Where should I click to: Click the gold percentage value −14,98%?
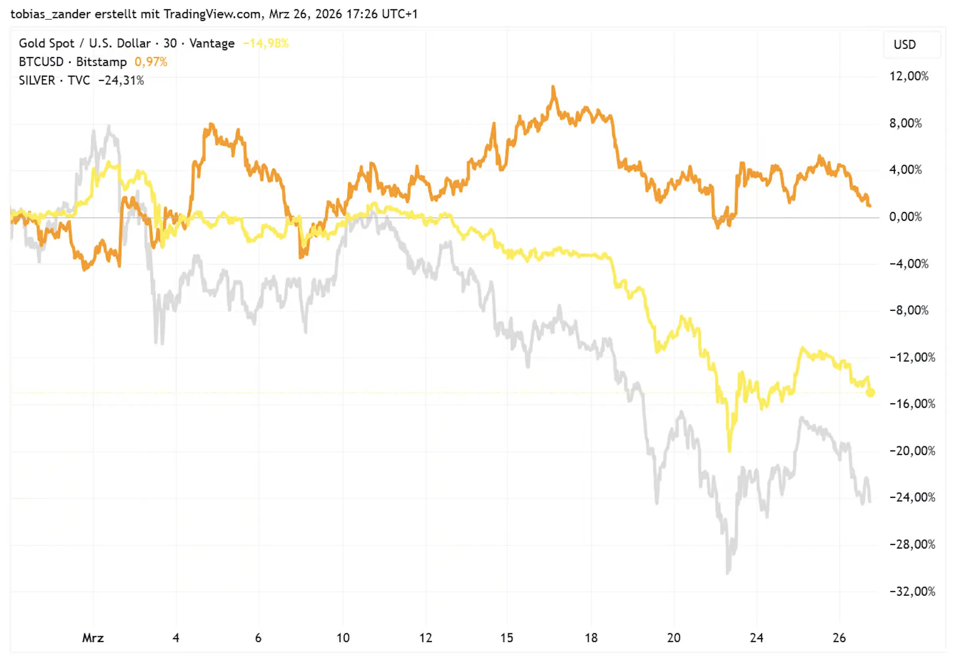[266, 43]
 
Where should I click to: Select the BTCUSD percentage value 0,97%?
[150, 62]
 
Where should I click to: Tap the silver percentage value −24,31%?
[121, 81]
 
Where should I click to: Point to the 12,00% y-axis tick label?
[909, 76]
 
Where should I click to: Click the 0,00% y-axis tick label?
[905, 217]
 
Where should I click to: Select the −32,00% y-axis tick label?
[912, 591]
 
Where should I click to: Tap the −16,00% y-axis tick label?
[912, 404]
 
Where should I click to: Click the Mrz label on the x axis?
[93, 637]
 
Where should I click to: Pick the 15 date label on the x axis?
[506, 637]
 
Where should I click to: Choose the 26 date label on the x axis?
[839, 637]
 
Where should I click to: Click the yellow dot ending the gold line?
[870, 393]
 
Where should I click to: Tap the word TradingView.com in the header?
[213, 14]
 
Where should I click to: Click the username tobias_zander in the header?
[50, 14]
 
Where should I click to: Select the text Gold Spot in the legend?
[46, 43]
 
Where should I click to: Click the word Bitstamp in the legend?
[101, 62]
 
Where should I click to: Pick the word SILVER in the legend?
[37, 81]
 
